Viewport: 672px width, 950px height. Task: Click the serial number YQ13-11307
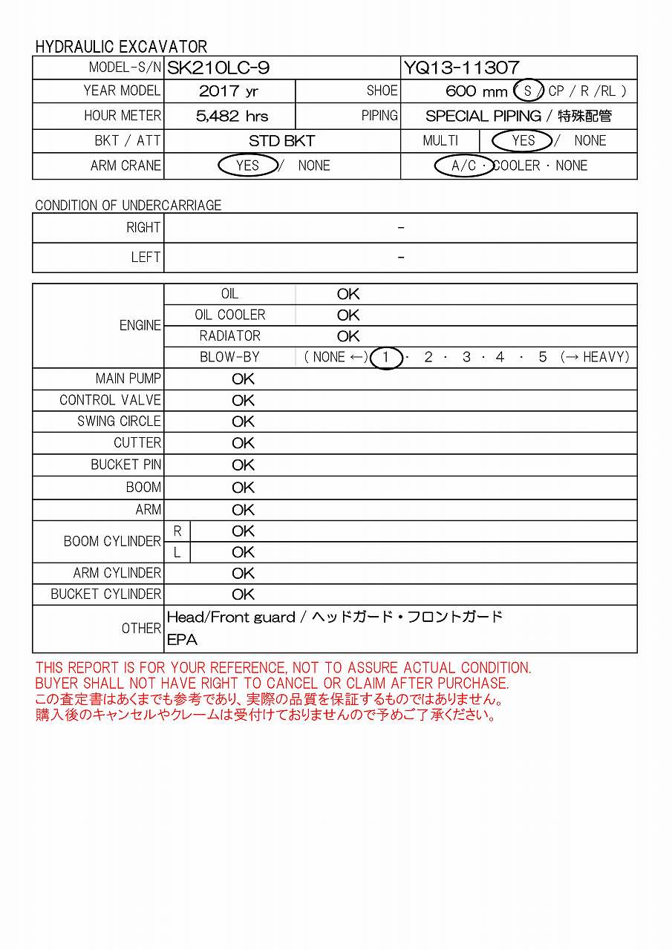click(x=461, y=68)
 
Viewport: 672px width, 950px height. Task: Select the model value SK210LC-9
click(x=218, y=68)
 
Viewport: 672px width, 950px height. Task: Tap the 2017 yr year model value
click(x=229, y=91)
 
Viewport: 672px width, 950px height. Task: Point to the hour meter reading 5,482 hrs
click(x=232, y=116)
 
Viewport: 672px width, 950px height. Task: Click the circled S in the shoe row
click(x=528, y=91)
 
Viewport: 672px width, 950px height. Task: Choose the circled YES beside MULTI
click(x=523, y=140)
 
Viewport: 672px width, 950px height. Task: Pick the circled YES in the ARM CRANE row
click(x=247, y=165)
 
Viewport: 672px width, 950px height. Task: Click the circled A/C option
click(x=464, y=166)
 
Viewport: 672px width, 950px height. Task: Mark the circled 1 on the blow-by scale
click(x=385, y=357)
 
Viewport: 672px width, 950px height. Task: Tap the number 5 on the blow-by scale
click(x=543, y=357)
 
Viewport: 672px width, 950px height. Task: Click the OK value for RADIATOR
click(x=348, y=336)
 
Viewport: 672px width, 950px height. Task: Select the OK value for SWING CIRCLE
click(x=243, y=422)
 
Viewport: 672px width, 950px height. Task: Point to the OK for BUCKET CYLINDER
click(x=243, y=594)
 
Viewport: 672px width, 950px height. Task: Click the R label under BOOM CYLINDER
click(x=177, y=531)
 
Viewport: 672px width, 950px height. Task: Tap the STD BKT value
click(x=281, y=141)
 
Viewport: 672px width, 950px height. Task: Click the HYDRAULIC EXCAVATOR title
click(x=121, y=47)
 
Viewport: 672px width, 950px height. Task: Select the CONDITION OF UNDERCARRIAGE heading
click(x=128, y=206)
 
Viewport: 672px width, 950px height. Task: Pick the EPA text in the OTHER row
click(x=182, y=640)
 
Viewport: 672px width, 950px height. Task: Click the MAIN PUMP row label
click(x=128, y=379)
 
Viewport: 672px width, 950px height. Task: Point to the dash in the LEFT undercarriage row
click(x=401, y=258)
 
